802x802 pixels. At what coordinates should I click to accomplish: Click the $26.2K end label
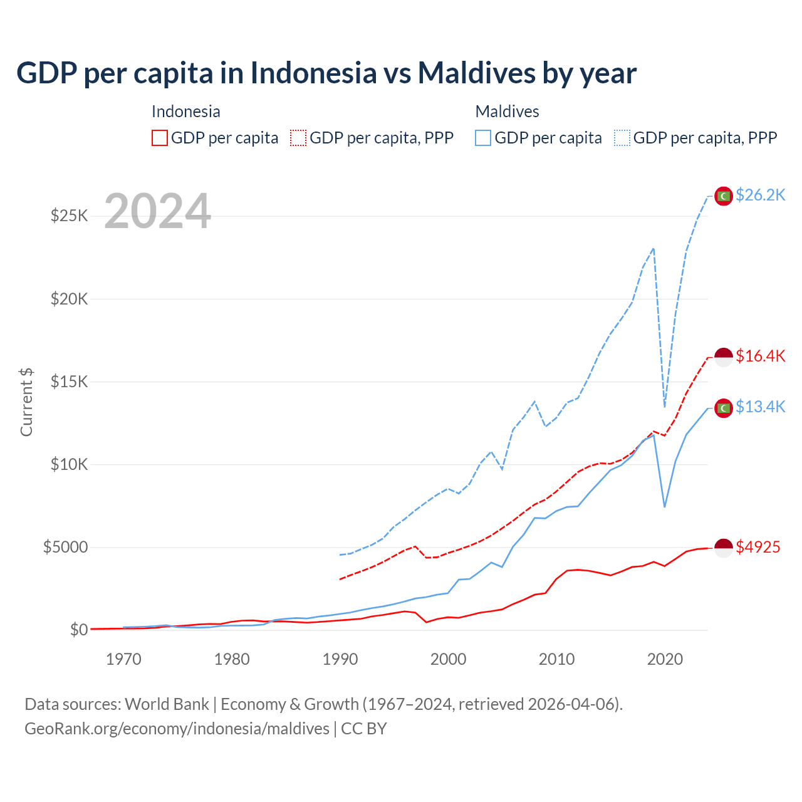pyautogui.click(x=760, y=195)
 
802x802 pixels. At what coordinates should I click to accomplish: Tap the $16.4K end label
pyautogui.click(x=760, y=357)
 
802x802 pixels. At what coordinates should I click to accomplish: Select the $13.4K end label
pyautogui.click(x=760, y=407)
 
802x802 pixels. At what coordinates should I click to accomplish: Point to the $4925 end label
pyautogui.click(x=758, y=548)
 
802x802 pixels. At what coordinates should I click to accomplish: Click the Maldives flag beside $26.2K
pyautogui.click(x=724, y=196)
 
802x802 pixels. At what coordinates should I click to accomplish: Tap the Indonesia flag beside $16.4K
pyautogui.click(x=724, y=357)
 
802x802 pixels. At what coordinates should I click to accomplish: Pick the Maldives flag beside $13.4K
pyautogui.click(x=724, y=408)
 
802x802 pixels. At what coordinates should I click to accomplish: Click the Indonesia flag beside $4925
pyautogui.click(x=724, y=548)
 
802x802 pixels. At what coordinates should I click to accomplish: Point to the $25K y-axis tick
pyautogui.click(x=70, y=216)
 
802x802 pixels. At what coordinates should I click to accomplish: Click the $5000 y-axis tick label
pyautogui.click(x=65, y=548)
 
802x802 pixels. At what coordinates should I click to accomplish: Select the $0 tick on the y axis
pyautogui.click(x=79, y=630)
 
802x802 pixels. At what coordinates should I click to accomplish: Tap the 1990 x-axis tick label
pyautogui.click(x=340, y=659)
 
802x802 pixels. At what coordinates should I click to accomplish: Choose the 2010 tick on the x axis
pyautogui.click(x=556, y=659)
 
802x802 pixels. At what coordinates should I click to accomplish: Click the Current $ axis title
pyautogui.click(x=26, y=402)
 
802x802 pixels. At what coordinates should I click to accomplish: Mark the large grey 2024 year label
pyautogui.click(x=157, y=211)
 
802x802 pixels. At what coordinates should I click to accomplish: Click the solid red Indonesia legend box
pyautogui.click(x=160, y=138)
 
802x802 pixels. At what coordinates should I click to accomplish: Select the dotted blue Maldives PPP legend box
pyautogui.click(x=622, y=138)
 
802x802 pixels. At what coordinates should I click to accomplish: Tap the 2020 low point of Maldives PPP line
pyautogui.click(x=665, y=407)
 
